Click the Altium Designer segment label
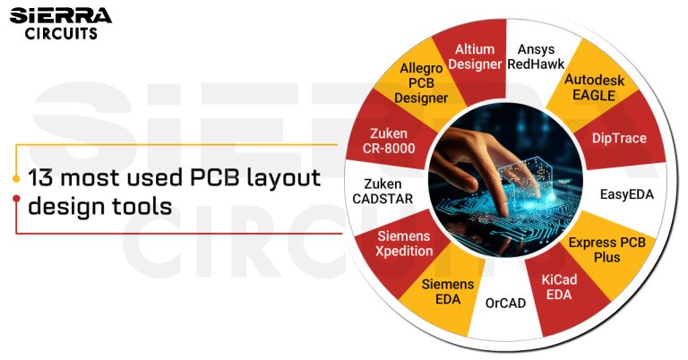(476, 56)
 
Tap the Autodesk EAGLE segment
(594, 88)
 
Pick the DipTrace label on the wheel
(619, 138)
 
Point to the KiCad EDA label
(560, 287)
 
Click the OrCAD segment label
(505, 303)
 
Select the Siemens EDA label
(442, 291)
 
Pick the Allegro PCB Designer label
(421, 83)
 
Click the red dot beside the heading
(17, 200)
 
